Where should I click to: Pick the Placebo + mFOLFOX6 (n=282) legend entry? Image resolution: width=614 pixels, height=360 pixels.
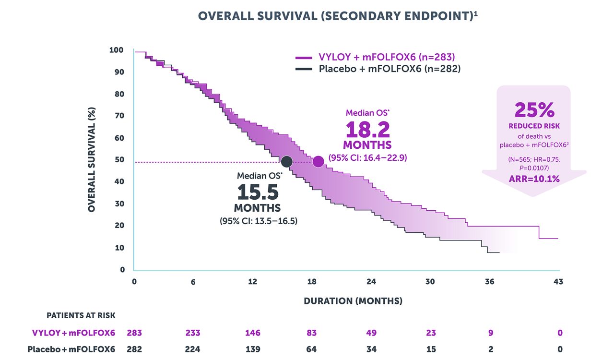pyautogui.click(x=378, y=69)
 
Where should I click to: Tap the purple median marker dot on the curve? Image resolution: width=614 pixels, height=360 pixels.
pyautogui.click(x=318, y=162)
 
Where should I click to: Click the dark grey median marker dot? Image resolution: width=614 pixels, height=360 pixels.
pyautogui.click(x=286, y=162)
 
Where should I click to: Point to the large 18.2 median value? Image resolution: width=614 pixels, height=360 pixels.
pyautogui.click(x=367, y=130)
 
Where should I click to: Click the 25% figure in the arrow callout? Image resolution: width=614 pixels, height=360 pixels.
pyautogui.click(x=534, y=110)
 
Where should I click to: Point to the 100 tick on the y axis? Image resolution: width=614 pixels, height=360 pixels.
pyautogui.click(x=117, y=50)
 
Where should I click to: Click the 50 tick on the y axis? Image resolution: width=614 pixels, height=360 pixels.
pyautogui.click(x=118, y=160)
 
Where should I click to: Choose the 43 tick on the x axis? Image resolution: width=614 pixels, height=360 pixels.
pyautogui.click(x=558, y=282)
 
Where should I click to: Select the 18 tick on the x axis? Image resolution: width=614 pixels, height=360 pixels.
pyautogui.click(x=312, y=282)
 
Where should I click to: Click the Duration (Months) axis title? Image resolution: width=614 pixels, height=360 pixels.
pyautogui.click(x=353, y=301)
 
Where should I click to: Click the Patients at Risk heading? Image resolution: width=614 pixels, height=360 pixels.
pyautogui.click(x=81, y=315)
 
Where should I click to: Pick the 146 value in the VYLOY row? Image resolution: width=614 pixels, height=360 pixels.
pyautogui.click(x=253, y=333)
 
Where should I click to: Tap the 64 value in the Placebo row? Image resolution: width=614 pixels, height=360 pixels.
pyautogui.click(x=312, y=349)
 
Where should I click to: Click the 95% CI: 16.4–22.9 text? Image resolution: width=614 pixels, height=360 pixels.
pyautogui.click(x=367, y=157)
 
